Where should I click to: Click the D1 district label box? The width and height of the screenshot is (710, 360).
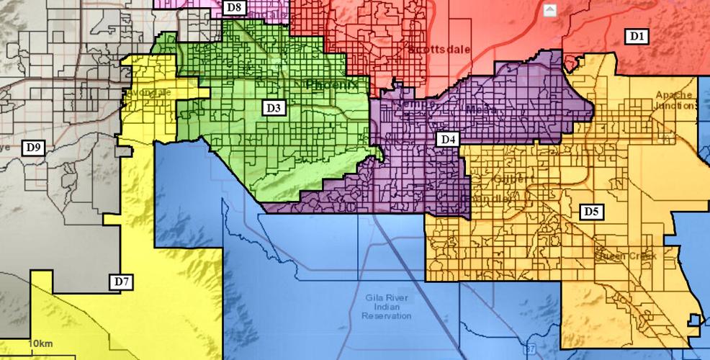pyautogui.click(x=637, y=36)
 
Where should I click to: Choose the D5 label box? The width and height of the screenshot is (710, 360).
pyautogui.click(x=592, y=212)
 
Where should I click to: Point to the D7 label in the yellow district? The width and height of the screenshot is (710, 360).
pyautogui.click(x=122, y=282)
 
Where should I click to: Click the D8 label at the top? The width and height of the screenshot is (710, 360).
pyautogui.click(x=235, y=8)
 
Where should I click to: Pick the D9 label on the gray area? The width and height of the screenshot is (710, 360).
pyautogui.click(x=34, y=148)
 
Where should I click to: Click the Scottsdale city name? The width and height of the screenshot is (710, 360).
pyautogui.click(x=438, y=50)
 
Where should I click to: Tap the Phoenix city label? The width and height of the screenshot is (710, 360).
pyautogui.click(x=331, y=85)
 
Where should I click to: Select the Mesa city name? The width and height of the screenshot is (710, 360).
pyautogui.click(x=477, y=110)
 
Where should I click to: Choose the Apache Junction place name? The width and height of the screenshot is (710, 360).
pyautogui.click(x=675, y=100)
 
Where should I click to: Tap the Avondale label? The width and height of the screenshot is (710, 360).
pyautogui.click(x=148, y=93)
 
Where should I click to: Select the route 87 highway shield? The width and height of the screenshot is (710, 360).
pyautogui.click(x=530, y=351)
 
